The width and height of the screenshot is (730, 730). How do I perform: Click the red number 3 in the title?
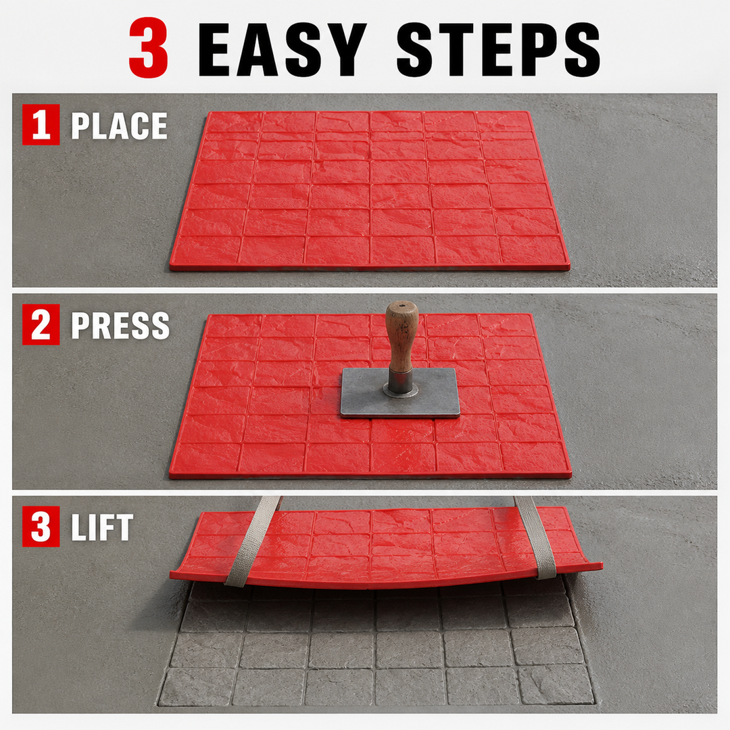148,48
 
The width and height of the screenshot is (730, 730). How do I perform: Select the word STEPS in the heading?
499,49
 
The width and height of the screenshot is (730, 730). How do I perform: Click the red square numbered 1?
41,125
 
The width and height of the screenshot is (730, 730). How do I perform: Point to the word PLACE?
119,126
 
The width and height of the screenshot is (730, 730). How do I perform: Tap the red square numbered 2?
41,324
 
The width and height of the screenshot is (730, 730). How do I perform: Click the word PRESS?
120,325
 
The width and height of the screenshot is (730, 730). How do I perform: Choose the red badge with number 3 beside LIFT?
41,526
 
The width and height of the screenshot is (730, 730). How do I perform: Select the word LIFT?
102,527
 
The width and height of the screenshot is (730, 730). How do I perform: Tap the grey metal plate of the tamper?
399,392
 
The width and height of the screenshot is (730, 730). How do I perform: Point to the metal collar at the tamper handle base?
400,383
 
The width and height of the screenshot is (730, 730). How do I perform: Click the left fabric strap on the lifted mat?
253,540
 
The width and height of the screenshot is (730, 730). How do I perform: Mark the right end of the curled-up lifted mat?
602,566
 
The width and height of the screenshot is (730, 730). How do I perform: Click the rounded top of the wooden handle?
401,308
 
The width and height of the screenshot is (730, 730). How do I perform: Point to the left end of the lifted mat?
171,575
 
